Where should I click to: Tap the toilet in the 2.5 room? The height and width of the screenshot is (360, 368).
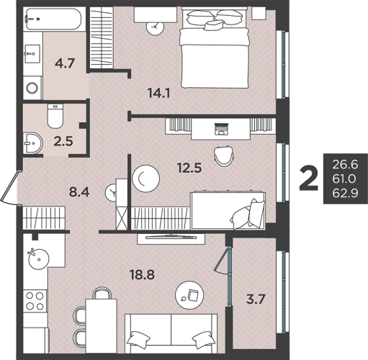[x=55, y=116]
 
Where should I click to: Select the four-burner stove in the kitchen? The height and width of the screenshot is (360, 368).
[x=35, y=301]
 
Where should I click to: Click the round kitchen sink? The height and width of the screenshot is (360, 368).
[x=39, y=259]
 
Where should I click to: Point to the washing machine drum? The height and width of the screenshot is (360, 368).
[x=32, y=88]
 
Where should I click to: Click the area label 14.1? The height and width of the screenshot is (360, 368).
[x=159, y=93]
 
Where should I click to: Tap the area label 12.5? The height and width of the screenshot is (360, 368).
[x=189, y=168]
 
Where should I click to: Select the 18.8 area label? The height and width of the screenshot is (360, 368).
[x=142, y=274]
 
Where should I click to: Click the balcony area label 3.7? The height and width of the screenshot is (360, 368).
[x=256, y=300]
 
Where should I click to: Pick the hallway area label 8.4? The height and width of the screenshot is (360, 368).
[x=79, y=192]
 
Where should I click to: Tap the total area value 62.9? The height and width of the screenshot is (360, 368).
[x=345, y=193]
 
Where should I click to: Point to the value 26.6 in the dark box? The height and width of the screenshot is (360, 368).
[x=345, y=165]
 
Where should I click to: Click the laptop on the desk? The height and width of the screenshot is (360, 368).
[x=221, y=128]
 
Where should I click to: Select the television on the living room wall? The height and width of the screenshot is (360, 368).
[x=171, y=237]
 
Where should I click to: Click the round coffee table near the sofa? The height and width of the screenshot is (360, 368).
[x=189, y=295]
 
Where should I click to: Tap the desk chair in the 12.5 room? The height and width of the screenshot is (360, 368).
[x=224, y=156]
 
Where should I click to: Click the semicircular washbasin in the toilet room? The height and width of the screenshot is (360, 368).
[x=33, y=143]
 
